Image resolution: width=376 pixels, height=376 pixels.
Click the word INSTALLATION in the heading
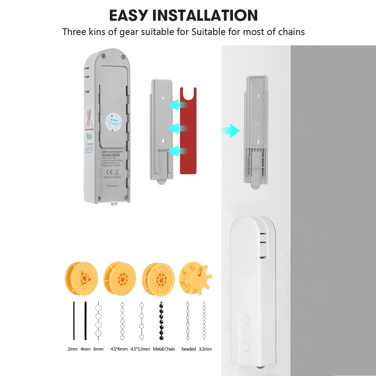pyautogui.click(x=205, y=15)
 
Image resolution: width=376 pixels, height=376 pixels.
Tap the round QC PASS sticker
pyautogui.click(x=114, y=122)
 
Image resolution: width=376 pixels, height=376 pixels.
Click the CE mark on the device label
pyautogui.click(x=110, y=172)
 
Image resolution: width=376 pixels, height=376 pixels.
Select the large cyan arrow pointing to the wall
pyautogui.click(x=231, y=131)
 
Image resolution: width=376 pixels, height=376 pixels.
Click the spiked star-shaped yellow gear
pyautogui.click(x=195, y=278)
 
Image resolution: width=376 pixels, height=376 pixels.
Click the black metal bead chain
pyautogui.click(x=161, y=321)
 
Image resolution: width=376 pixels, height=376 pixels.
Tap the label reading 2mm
pyautogui.click(x=72, y=349)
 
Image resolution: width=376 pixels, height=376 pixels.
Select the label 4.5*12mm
pyautogui.click(x=140, y=349)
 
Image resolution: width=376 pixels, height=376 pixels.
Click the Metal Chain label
pyautogui.click(x=164, y=349)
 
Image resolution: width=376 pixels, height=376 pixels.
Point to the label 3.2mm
pyautogui.click(x=205, y=349)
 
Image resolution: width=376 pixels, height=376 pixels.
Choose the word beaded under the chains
pyautogui.click(x=189, y=349)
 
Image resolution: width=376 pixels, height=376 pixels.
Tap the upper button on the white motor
pyautogui.click(x=245, y=320)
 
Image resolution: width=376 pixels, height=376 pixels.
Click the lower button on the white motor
pyautogui.click(x=245, y=347)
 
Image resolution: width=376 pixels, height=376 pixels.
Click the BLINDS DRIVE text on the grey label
pyautogui.click(x=111, y=155)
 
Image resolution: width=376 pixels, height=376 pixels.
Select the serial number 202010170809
pyautogui.click(x=112, y=177)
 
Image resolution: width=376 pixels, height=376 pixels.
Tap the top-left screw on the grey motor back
pyautogui.click(x=103, y=57)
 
